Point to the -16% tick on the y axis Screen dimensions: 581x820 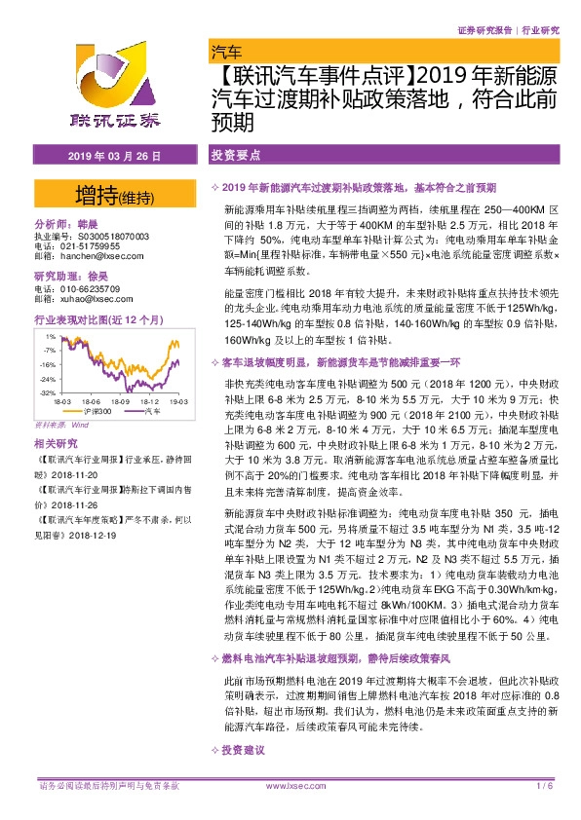47,363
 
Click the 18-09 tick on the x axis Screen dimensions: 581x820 121,401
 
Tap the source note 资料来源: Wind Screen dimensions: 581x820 61,425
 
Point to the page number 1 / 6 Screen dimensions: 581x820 544,785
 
